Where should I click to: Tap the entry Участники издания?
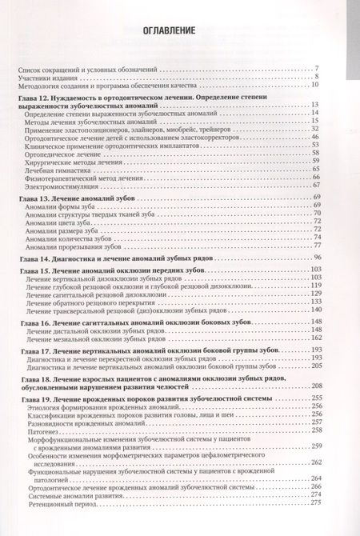[47, 77]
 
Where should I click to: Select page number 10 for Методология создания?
[317, 85]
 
